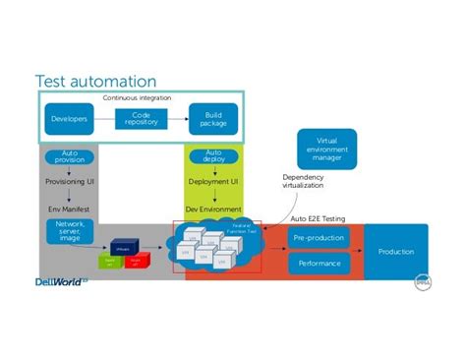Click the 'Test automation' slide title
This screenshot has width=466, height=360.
point(95,80)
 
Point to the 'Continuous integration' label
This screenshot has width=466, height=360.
point(138,98)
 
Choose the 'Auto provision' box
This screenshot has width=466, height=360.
point(68,157)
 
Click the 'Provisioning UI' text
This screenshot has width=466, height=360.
point(68,181)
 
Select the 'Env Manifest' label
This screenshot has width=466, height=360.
point(68,209)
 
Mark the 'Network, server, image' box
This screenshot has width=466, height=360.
point(69,232)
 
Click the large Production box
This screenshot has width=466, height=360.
point(396,252)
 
